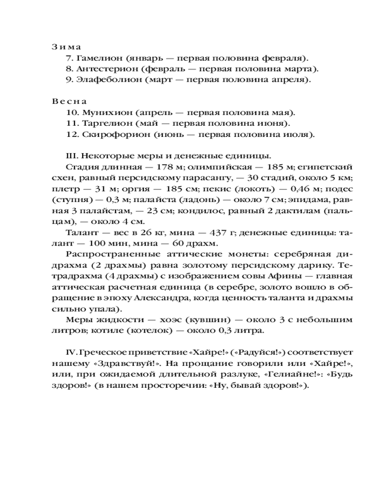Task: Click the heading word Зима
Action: coord(66,46)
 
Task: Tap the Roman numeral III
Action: coord(71,156)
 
